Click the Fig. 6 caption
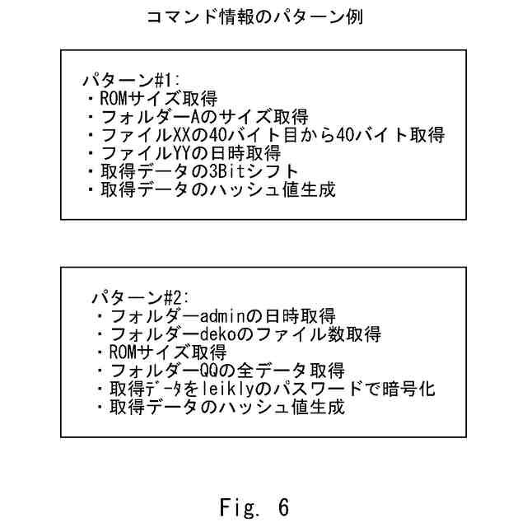(x=254, y=506)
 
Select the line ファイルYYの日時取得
(x=190, y=153)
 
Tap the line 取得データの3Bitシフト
(x=198, y=171)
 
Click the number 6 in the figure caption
(x=282, y=506)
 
